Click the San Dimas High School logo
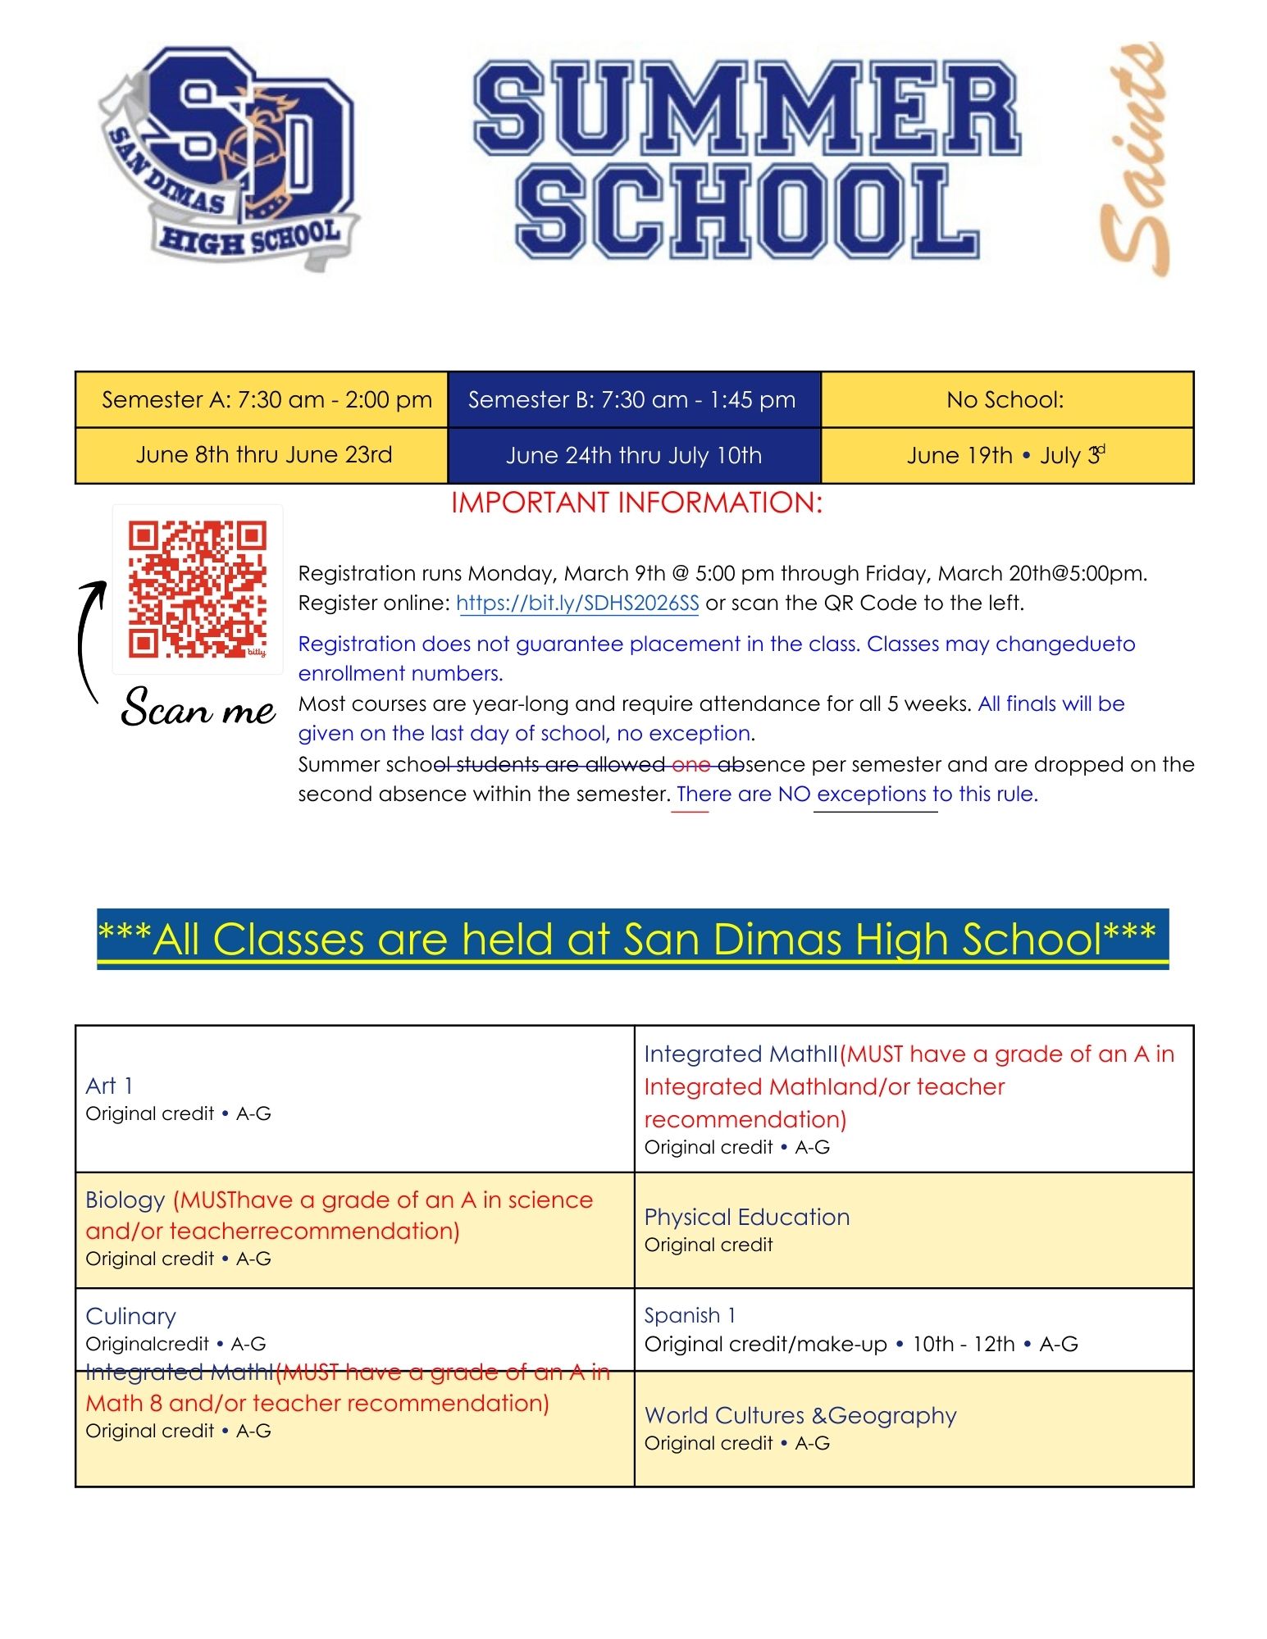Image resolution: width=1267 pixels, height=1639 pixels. coord(230,156)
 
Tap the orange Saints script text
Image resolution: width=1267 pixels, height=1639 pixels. coord(1134,160)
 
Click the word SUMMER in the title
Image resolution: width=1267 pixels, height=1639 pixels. coord(746,107)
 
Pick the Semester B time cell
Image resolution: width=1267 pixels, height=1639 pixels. coord(632,400)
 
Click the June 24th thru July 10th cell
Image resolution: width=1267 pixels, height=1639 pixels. coord(633,455)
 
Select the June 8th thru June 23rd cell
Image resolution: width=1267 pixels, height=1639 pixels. coord(263,455)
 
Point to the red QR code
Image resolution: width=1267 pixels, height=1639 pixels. coord(198,589)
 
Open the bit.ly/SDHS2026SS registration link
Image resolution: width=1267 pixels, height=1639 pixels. coord(577,603)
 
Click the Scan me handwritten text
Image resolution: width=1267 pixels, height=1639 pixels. coord(198,707)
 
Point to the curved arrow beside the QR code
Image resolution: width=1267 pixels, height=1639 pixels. coord(89,640)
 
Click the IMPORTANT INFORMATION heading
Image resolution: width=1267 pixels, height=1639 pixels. coord(636,503)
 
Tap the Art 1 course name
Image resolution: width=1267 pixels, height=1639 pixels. coord(109,1086)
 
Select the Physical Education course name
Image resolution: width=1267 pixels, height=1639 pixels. coord(746,1217)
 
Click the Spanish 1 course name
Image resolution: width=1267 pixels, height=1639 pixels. coord(690,1315)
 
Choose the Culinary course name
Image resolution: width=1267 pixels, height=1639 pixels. coord(130,1316)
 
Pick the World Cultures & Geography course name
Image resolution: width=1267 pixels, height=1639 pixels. coord(800,1415)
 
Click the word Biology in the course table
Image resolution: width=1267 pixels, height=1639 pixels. coord(125,1200)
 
